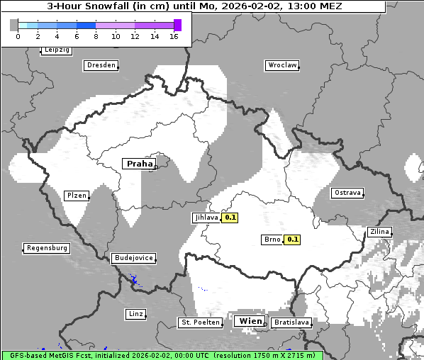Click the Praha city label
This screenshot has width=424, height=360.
click(x=139, y=164)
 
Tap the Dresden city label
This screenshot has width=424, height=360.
click(x=101, y=65)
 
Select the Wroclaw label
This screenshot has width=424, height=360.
click(x=281, y=65)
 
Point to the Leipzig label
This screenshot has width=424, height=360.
click(x=56, y=50)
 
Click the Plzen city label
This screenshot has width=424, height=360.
click(x=76, y=196)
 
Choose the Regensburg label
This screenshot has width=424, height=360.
click(x=47, y=248)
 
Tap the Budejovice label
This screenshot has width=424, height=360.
click(x=133, y=258)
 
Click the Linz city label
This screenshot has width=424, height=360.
click(x=135, y=314)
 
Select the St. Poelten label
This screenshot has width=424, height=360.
click(x=199, y=322)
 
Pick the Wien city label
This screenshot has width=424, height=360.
click(x=251, y=322)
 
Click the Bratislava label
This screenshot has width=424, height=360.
click(x=291, y=322)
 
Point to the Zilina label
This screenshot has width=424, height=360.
click(x=379, y=232)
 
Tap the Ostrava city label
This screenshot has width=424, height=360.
click(x=347, y=193)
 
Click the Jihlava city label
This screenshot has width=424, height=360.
click(x=206, y=218)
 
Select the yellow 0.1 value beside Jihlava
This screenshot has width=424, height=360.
click(x=230, y=218)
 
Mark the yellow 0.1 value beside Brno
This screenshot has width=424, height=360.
click(x=292, y=240)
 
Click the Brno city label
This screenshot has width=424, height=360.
click(x=272, y=240)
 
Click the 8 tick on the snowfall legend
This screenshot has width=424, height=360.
click(x=96, y=36)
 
